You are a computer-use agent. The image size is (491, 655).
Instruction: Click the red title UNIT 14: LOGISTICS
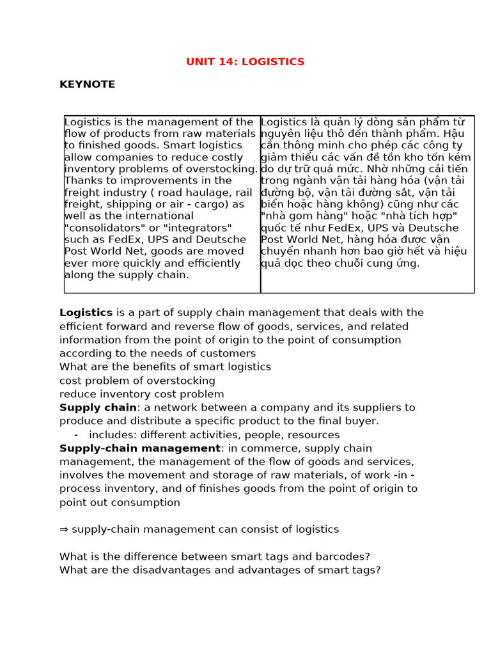pos(245,62)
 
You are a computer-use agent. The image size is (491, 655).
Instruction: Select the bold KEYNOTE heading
pos(87,84)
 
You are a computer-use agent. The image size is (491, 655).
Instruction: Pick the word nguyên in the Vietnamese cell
pos(279,134)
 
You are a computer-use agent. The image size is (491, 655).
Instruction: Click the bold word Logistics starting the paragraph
pos(86,313)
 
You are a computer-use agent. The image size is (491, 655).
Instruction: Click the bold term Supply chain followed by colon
pos(98,407)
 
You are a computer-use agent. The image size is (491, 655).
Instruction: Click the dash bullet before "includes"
pos(76,435)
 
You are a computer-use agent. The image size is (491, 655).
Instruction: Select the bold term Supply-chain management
pos(139,448)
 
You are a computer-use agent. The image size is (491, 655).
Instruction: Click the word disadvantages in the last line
pos(144,570)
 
